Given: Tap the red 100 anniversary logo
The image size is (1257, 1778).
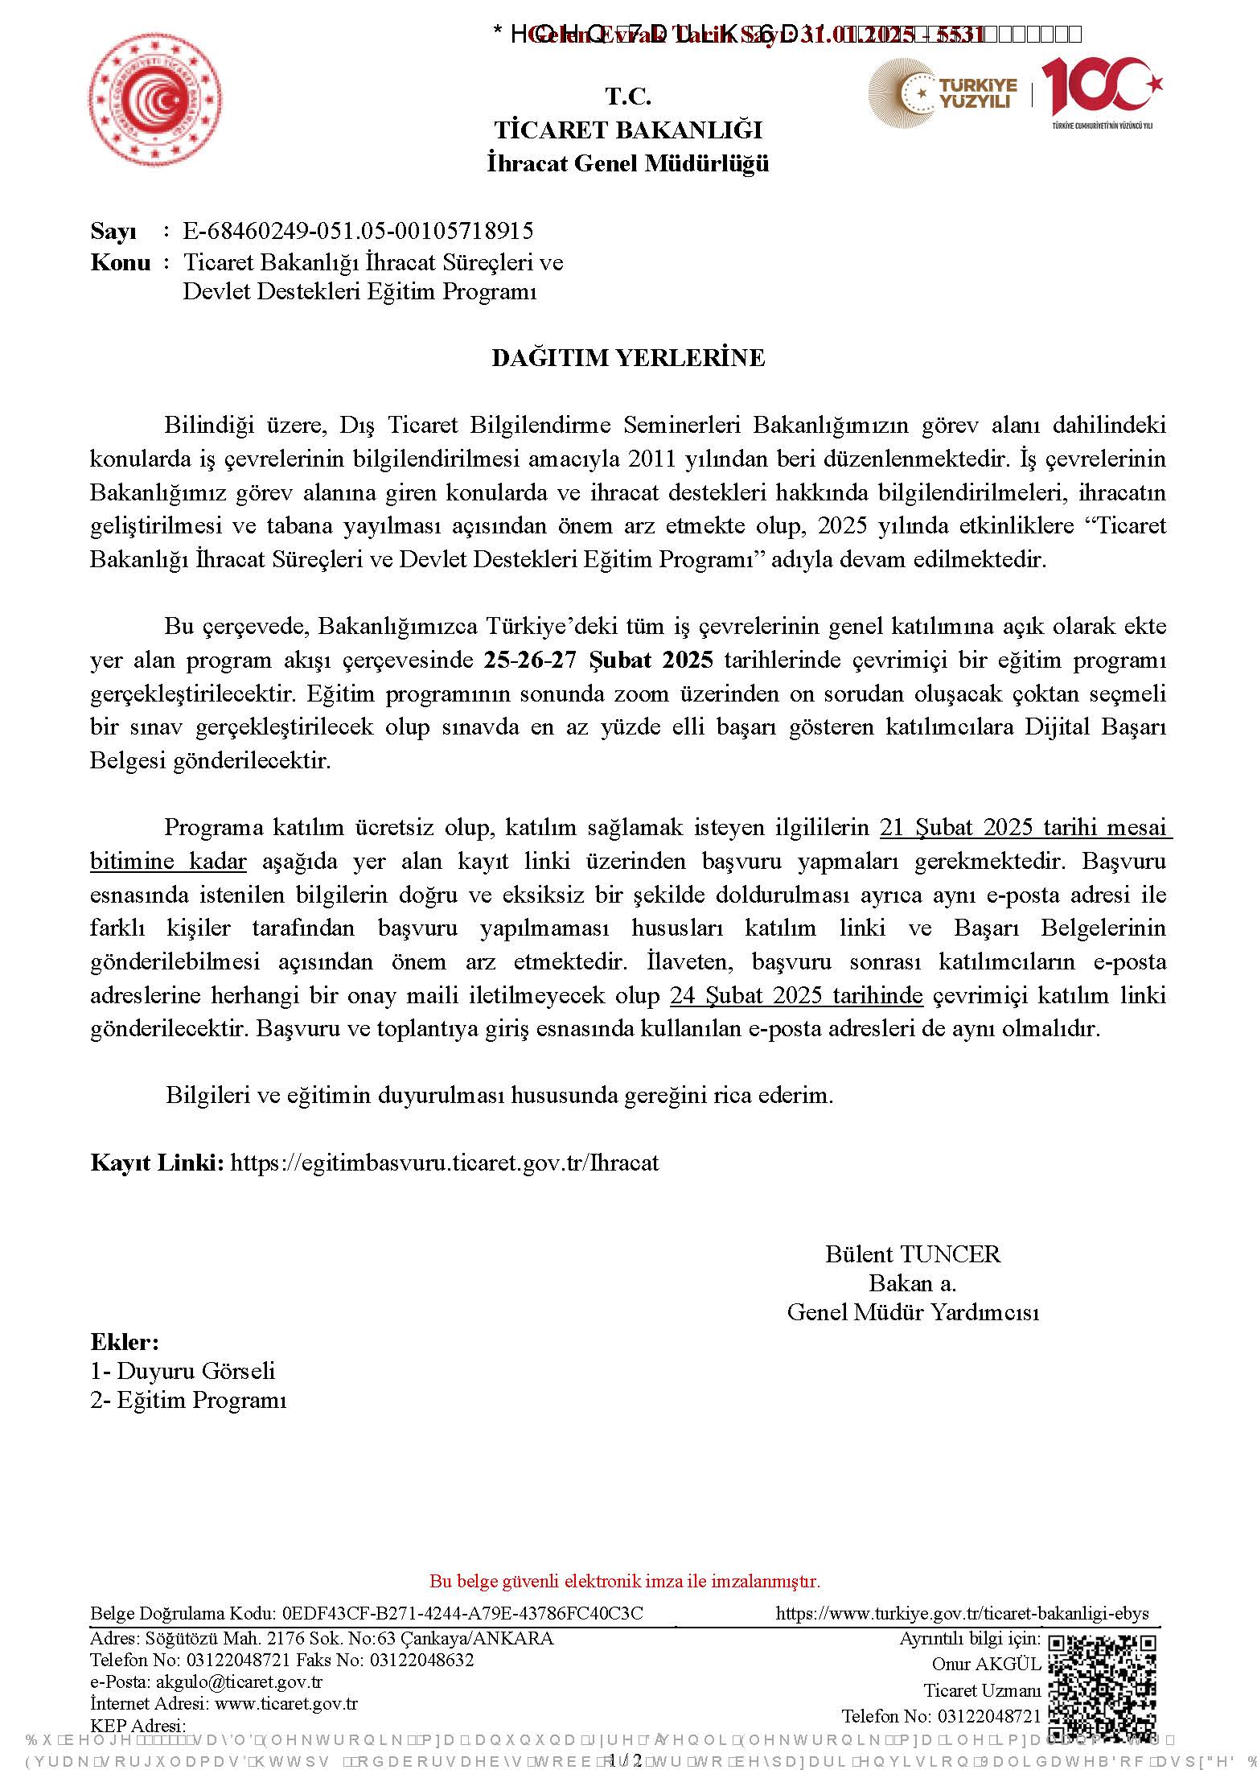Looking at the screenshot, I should click(1101, 87).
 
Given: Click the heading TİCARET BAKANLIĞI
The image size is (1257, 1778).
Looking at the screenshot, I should click(628, 130).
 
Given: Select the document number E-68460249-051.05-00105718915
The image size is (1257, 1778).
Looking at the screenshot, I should click(358, 231).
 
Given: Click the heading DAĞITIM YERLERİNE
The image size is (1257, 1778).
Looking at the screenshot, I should click(628, 357).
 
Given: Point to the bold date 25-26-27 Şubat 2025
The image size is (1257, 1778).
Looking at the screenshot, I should click(598, 661).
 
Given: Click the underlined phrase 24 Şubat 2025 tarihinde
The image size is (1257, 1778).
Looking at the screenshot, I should click(796, 996).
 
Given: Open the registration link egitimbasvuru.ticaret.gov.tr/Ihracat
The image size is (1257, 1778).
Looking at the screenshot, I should click(445, 1163).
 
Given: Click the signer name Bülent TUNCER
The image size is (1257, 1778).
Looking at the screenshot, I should click(913, 1254).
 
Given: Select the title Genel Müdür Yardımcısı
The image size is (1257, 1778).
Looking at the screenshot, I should click(913, 1312).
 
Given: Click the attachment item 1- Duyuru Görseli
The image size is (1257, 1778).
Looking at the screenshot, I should click(183, 1371).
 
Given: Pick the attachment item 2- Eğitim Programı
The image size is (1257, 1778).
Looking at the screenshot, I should click(188, 1400).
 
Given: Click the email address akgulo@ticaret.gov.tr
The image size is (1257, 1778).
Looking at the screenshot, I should click(239, 1681).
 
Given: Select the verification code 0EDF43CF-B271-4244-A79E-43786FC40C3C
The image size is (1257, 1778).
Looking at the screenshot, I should click(462, 1613).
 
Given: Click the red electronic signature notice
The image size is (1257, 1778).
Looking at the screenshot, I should click(625, 1582).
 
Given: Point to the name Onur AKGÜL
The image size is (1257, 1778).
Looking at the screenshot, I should click(986, 1664).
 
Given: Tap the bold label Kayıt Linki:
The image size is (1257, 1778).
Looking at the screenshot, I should click(157, 1163).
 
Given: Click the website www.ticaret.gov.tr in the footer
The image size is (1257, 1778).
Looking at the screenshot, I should click(286, 1703).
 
